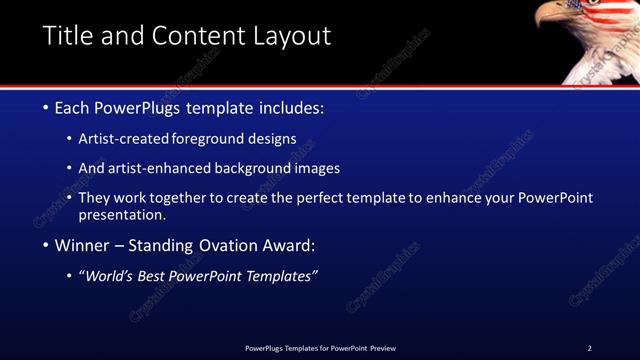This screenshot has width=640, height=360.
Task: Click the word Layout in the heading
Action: (x=290, y=36)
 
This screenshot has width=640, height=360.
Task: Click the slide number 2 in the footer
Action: (x=589, y=348)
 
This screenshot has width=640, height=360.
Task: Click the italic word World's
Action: (x=110, y=276)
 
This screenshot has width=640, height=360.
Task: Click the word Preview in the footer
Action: (x=383, y=348)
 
